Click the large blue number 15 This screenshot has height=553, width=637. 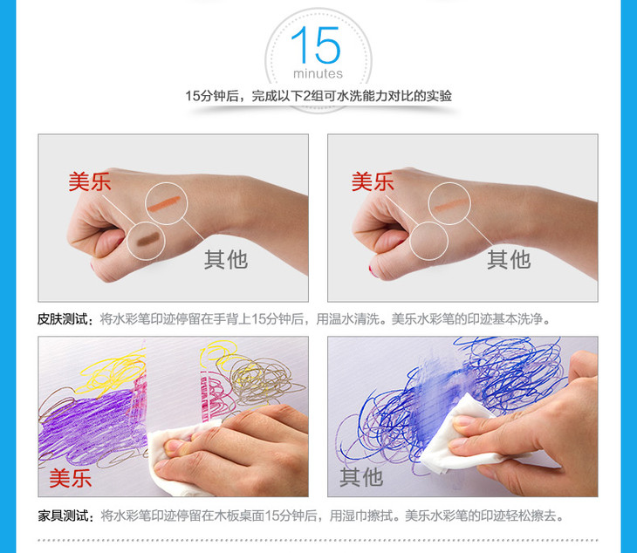tap(316, 45)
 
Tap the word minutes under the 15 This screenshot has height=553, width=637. tap(318, 73)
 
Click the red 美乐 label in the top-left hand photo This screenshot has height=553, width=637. tap(89, 181)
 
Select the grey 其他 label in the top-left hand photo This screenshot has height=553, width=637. tap(226, 259)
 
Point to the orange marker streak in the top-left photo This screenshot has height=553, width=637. tap(164, 203)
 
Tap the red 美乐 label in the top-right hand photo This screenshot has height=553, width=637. tap(373, 181)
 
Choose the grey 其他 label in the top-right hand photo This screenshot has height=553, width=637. tap(509, 259)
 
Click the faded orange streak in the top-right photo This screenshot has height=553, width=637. tap(451, 205)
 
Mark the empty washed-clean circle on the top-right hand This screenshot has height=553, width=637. tap(428, 241)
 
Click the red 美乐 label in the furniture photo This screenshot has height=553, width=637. tap(71, 478)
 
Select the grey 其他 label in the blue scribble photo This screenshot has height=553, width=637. tap(361, 476)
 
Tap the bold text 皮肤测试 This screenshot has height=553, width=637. tap(63, 319)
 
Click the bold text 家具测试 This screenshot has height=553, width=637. tap(64, 516)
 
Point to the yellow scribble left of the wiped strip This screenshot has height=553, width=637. tap(111, 371)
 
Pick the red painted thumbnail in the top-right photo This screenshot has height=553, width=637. tap(372, 270)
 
